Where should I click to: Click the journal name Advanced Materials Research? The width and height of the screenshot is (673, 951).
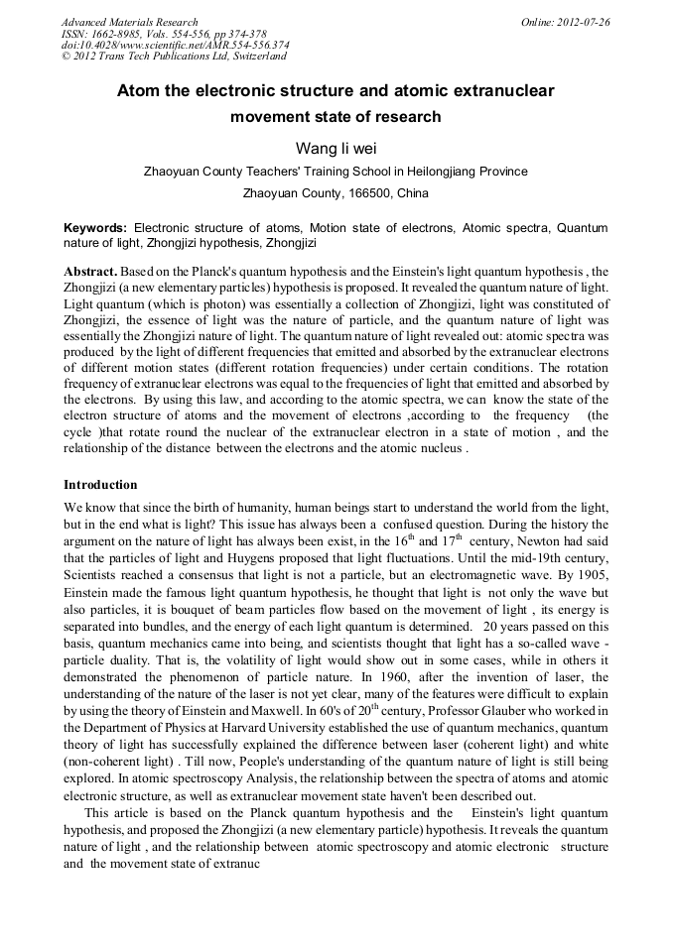tap(129, 22)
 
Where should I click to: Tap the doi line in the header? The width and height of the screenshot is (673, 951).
tap(175, 45)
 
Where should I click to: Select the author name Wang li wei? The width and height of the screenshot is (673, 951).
tap(336, 148)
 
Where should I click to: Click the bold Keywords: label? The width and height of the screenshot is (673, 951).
tap(95, 227)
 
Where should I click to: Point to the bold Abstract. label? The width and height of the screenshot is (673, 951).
tap(90, 271)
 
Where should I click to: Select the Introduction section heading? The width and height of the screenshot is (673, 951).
tap(100, 485)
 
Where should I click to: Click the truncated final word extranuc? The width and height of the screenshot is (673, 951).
tap(230, 864)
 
